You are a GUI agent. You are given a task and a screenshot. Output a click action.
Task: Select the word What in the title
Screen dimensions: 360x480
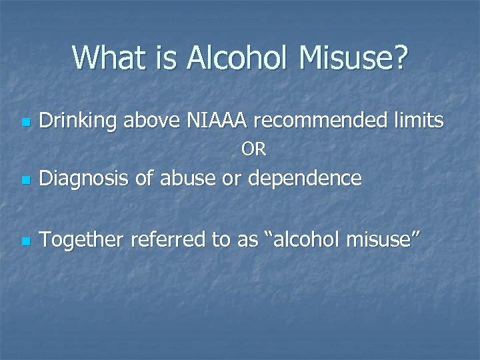107,58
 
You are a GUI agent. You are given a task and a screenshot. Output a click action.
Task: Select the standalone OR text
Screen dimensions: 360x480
253,151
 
